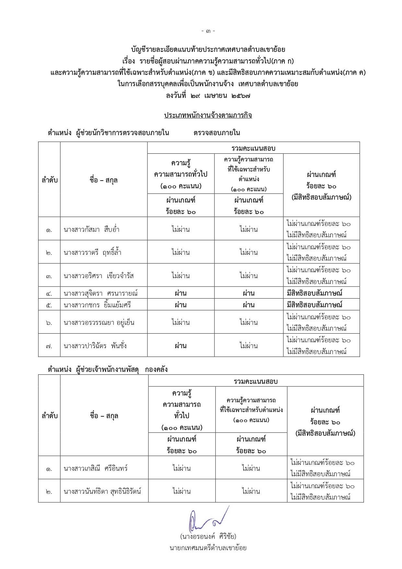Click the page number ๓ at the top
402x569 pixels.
[x=208, y=31]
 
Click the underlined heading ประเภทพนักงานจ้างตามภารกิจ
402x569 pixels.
[x=208, y=115]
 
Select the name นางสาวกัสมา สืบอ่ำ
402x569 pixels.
[x=92, y=230]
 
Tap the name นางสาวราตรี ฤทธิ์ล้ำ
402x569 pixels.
[x=93, y=253]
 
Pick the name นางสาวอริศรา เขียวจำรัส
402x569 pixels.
[x=99, y=276]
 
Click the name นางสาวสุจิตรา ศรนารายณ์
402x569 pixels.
[x=101, y=293]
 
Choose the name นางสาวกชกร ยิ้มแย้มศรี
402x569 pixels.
[x=97, y=305]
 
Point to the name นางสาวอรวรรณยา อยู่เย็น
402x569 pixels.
[x=99, y=323]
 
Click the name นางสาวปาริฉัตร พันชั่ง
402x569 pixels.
[x=95, y=346]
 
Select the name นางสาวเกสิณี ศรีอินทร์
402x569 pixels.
[x=96, y=468]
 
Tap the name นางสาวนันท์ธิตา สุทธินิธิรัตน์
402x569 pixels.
[x=102, y=492]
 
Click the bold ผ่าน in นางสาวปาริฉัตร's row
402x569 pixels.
[x=180, y=346]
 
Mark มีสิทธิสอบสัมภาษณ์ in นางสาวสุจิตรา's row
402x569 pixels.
[x=315, y=293]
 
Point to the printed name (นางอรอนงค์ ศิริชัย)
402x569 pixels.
[x=208, y=536]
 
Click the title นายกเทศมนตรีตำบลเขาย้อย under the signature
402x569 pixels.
[x=208, y=548]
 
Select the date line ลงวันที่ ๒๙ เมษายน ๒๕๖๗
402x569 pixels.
[x=208, y=96]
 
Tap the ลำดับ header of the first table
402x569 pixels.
[x=50, y=180]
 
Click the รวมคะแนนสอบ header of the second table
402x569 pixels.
[x=256, y=381]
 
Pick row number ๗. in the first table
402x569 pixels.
[x=49, y=346]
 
